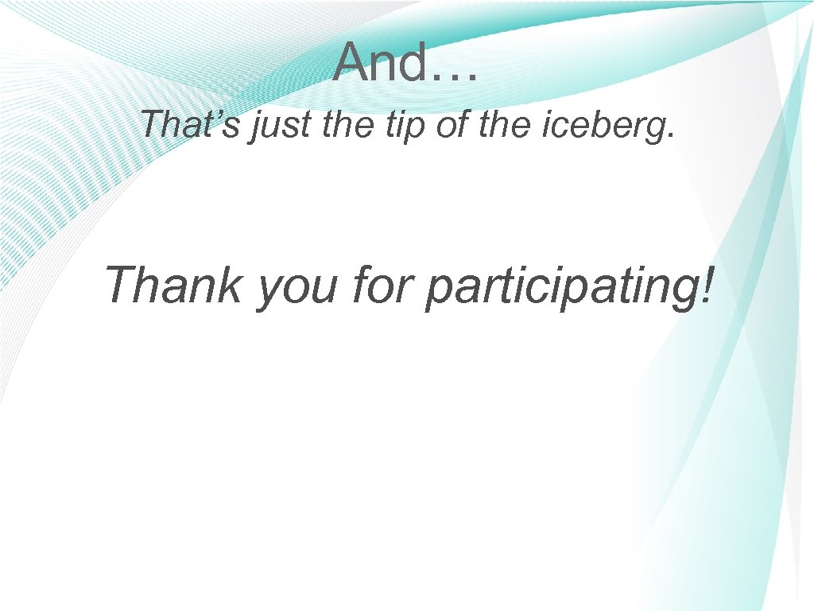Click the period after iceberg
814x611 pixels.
671,135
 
